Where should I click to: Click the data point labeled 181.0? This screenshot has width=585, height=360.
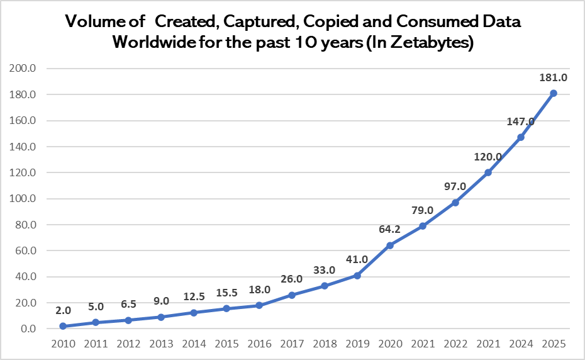click(554, 93)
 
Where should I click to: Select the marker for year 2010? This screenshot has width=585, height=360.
click(62, 326)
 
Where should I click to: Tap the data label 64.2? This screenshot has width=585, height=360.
click(390, 229)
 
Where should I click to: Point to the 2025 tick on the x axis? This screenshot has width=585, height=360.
click(554, 344)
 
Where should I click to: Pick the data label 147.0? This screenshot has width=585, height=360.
click(521, 121)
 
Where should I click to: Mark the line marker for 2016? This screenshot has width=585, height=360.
click(259, 305)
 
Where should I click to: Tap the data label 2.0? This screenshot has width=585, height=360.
click(62, 310)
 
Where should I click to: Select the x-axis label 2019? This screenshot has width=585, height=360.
click(357, 344)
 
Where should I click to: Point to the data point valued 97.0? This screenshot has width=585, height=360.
click(455, 202)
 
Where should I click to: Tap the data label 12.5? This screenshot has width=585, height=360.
click(193, 297)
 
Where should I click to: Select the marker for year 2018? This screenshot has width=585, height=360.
click(325, 286)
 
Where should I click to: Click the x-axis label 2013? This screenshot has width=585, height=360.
click(160, 344)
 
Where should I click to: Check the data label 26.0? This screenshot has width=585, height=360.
click(292, 279)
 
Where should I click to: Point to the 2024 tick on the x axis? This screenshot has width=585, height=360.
click(521, 344)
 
